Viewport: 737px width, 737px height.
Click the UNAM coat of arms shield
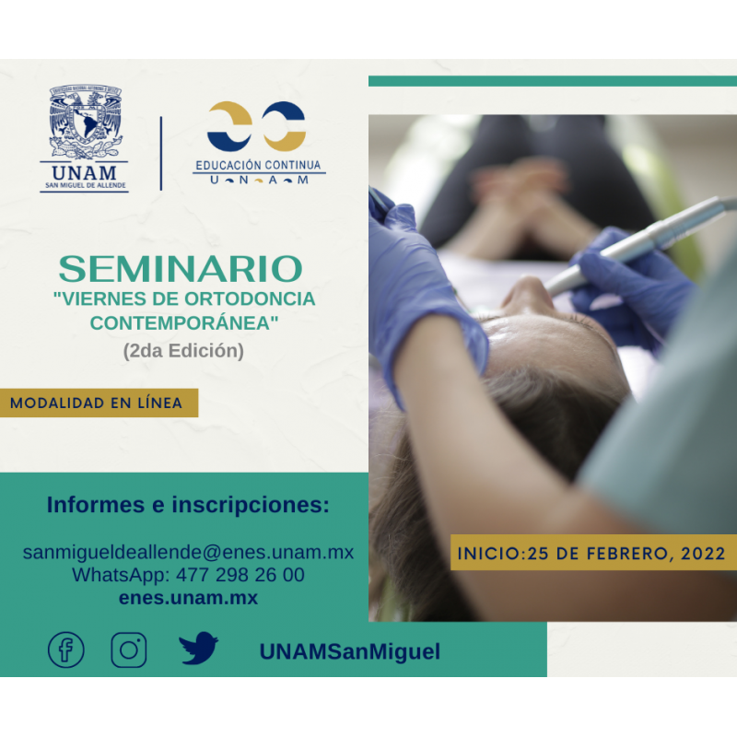tap(85, 121)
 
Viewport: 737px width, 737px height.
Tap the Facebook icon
tap(66, 649)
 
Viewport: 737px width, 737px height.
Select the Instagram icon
tap(129, 649)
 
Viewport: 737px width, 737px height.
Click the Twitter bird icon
tap(198, 648)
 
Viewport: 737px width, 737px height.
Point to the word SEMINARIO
tap(181, 269)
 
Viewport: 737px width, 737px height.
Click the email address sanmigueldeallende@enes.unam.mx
tap(188, 552)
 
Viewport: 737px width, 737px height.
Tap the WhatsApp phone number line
tap(188, 575)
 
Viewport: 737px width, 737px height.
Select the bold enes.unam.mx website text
tap(188, 598)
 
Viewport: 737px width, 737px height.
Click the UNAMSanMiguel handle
tap(350, 652)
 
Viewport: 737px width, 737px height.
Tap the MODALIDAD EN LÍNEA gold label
tap(99, 403)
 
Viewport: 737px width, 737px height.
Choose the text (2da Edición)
tap(183, 351)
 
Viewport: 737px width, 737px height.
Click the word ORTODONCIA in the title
tap(249, 298)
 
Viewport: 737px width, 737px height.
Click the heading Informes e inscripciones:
tap(188, 505)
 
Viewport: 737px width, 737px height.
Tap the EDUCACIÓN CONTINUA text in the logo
tap(258, 165)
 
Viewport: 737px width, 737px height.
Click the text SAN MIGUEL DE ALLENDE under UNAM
tap(86, 185)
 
